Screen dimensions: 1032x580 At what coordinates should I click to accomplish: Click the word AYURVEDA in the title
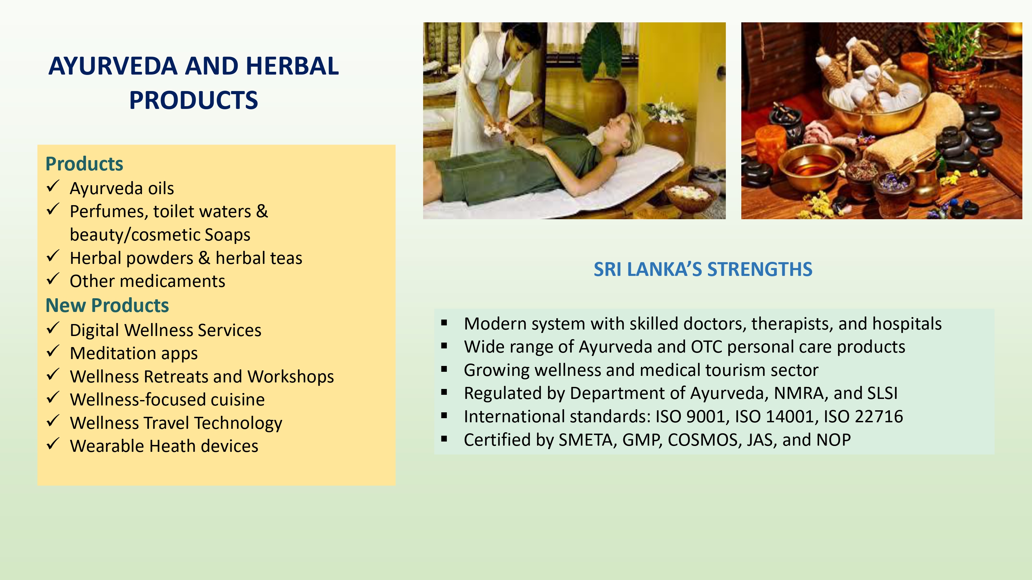click(112, 66)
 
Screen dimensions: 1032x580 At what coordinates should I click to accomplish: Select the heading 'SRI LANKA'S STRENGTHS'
click(703, 269)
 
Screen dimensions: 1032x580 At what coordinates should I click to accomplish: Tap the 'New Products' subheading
click(107, 305)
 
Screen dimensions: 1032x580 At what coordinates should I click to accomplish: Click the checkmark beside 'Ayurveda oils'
click(53, 186)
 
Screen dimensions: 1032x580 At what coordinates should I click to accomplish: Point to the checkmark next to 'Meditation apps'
click(53, 351)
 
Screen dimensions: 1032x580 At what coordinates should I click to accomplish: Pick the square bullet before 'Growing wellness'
click(444, 369)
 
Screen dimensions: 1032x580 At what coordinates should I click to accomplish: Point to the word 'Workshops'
click(290, 377)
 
